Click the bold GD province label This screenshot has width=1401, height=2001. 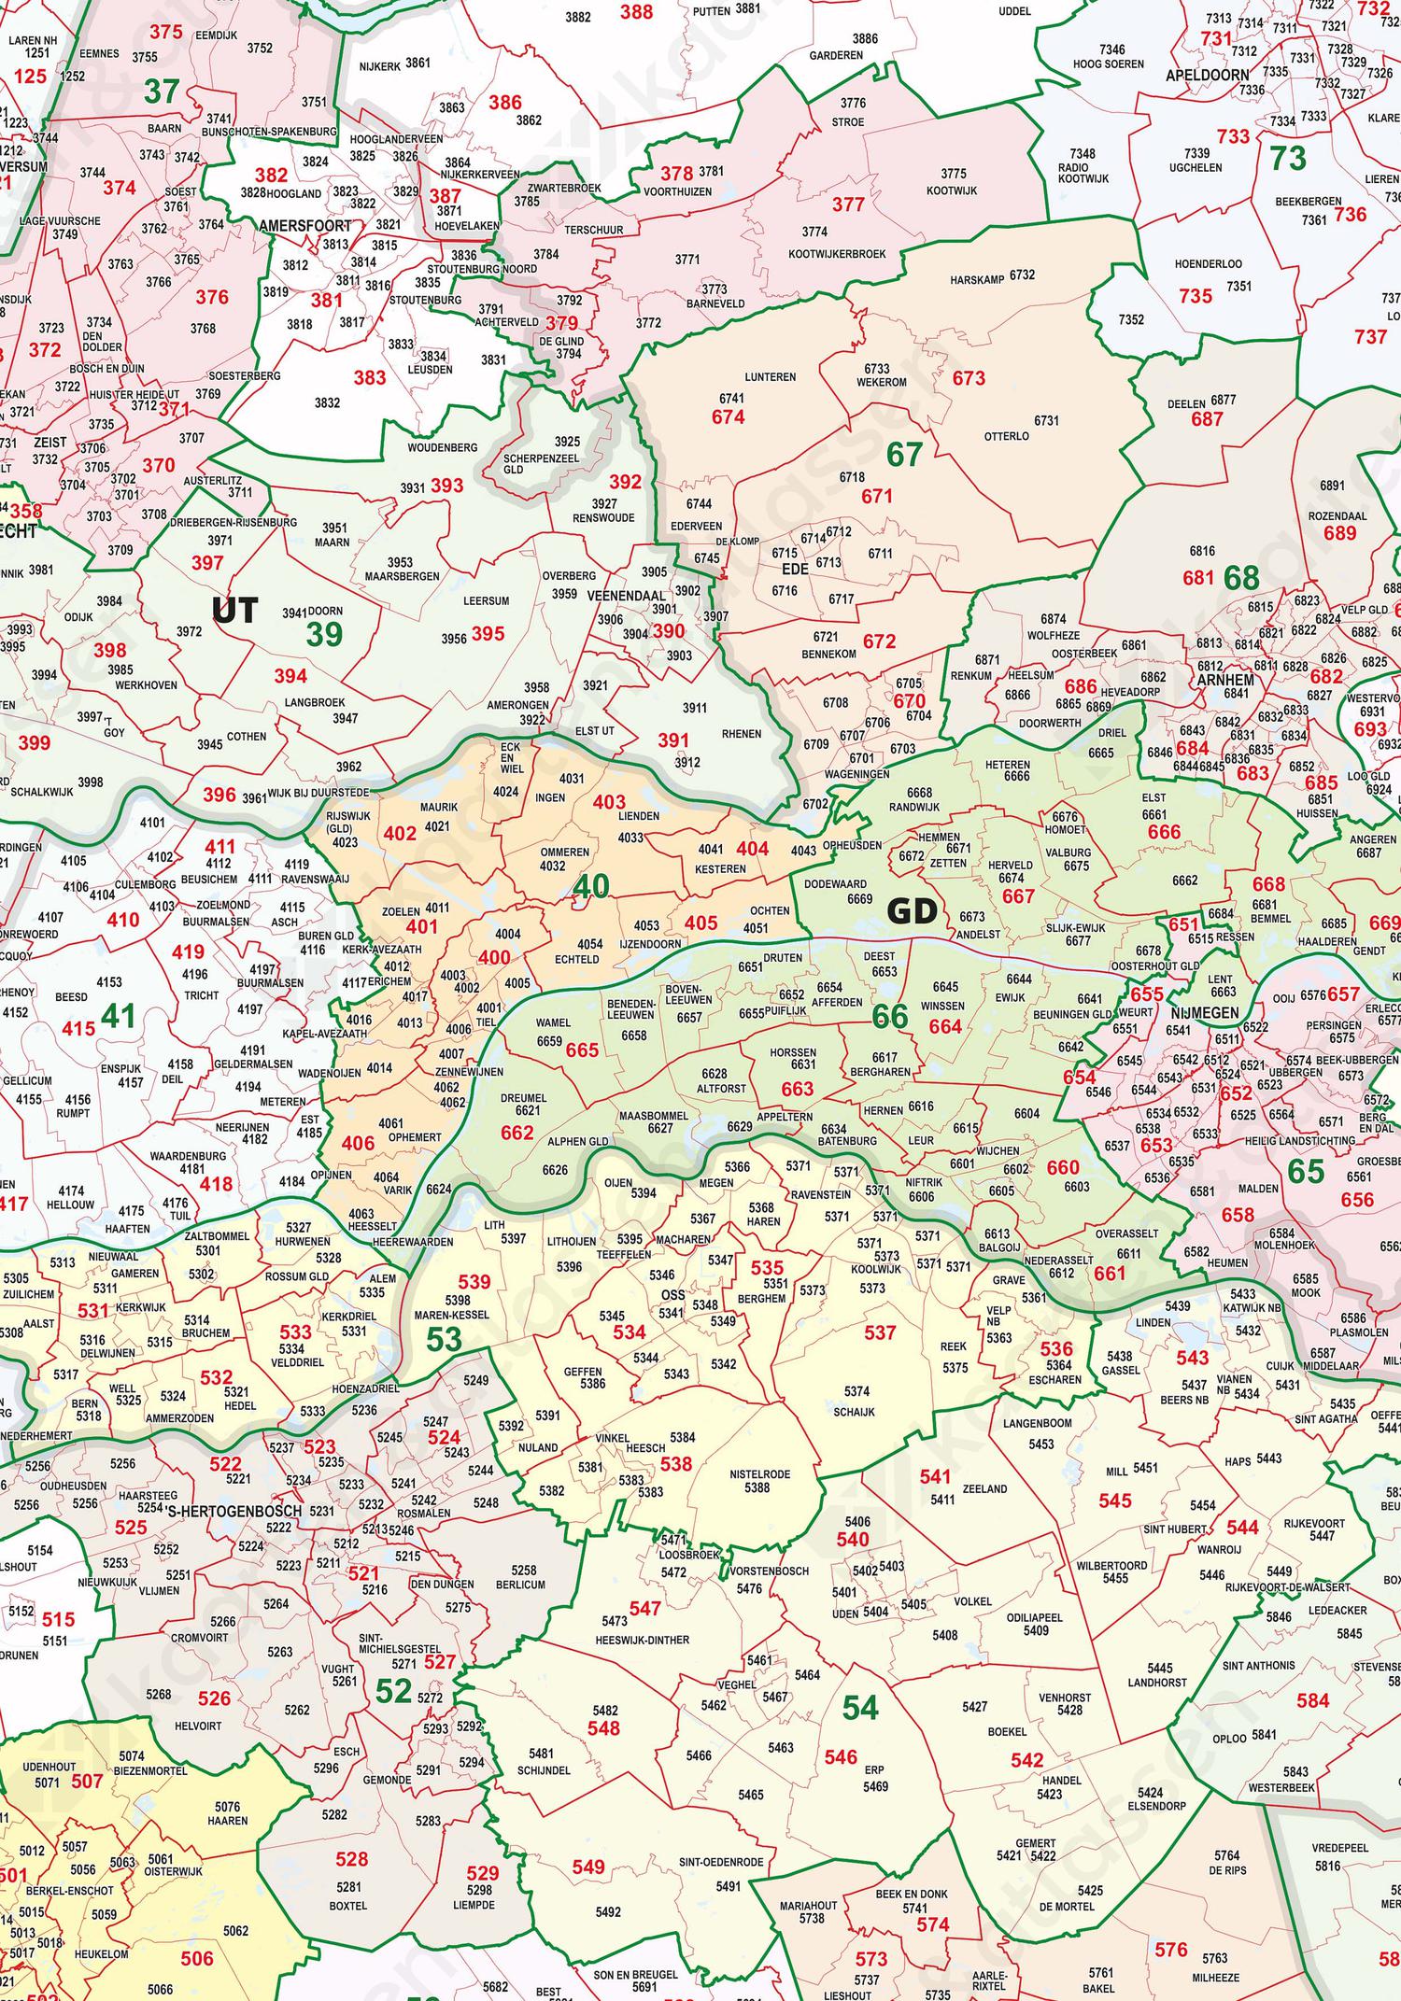coord(911,911)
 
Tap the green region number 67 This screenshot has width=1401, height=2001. coord(904,455)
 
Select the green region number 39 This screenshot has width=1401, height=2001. coord(324,635)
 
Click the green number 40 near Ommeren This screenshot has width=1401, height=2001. coord(590,886)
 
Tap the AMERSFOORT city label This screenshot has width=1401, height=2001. coord(304,226)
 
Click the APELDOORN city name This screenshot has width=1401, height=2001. coord(1207,75)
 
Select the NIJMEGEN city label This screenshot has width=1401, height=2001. coord(1204,1013)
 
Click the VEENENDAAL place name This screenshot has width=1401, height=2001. coord(626,596)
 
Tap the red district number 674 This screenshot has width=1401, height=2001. coord(728,417)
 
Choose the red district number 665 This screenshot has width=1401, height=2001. coord(581,1050)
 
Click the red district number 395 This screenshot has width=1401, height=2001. coord(488,634)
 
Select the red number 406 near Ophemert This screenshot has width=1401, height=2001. coord(358,1143)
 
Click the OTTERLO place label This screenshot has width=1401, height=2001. coord(1006,436)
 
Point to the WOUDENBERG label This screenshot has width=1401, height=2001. coord(442,448)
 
